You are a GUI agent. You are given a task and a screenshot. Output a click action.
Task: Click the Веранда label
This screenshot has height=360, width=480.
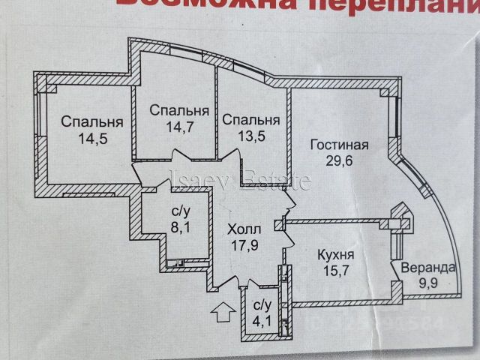(x=425, y=269)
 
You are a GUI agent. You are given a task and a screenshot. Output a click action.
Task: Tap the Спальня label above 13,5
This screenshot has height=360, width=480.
(x=251, y=120)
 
